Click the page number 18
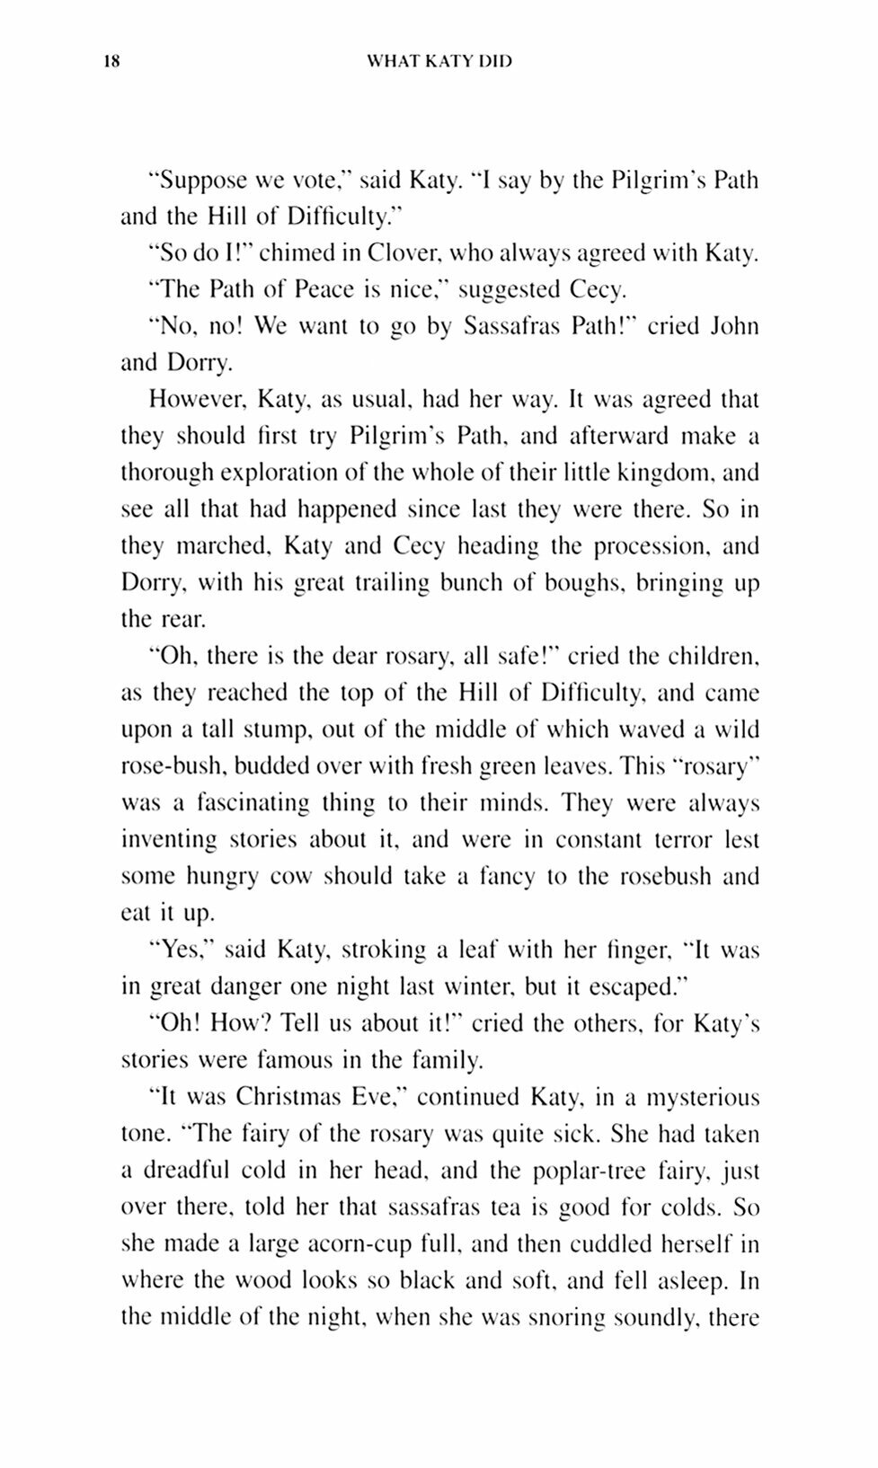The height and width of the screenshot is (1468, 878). click(x=111, y=62)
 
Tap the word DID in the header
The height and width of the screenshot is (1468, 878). click(x=494, y=62)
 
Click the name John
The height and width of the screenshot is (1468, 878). click(x=734, y=327)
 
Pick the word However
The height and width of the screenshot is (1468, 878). click(x=184, y=400)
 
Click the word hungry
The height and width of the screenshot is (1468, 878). click(x=220, y=876)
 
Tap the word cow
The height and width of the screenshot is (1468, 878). click(x=289, y=876)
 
